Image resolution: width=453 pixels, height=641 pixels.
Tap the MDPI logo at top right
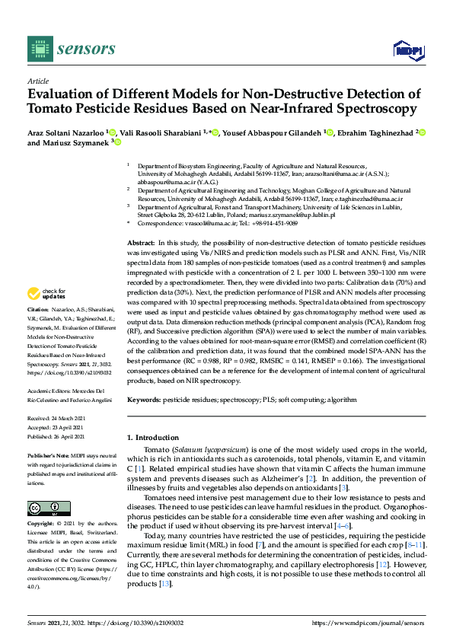pos(403,50)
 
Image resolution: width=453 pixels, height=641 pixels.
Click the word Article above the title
pos(38,81)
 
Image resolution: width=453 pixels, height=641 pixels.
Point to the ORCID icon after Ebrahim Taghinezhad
pos(422,132)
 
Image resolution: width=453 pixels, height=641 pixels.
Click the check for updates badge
pos(46,295)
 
